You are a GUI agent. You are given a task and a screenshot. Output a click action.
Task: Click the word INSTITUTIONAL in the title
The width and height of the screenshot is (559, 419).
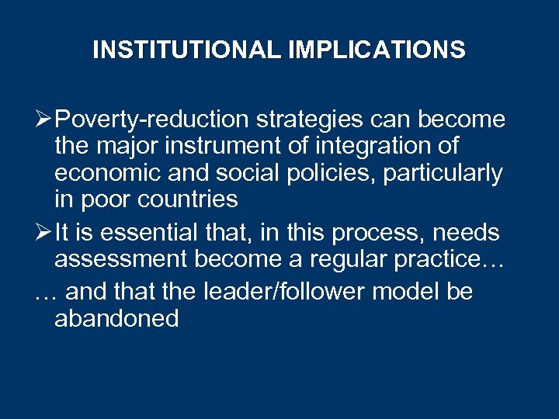(187, 50)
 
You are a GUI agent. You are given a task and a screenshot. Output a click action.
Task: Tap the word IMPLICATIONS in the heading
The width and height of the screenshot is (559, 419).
(377, 50)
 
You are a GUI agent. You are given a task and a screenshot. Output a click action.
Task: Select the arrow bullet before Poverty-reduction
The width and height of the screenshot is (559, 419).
(44, 120)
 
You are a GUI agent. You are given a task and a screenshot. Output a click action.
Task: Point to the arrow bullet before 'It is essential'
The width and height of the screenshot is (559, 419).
(44, 232)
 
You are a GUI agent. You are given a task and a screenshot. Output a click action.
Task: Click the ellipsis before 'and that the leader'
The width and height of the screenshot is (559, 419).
(46, 293)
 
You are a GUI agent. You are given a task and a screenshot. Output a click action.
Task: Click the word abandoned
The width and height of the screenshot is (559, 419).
(116, 319)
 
